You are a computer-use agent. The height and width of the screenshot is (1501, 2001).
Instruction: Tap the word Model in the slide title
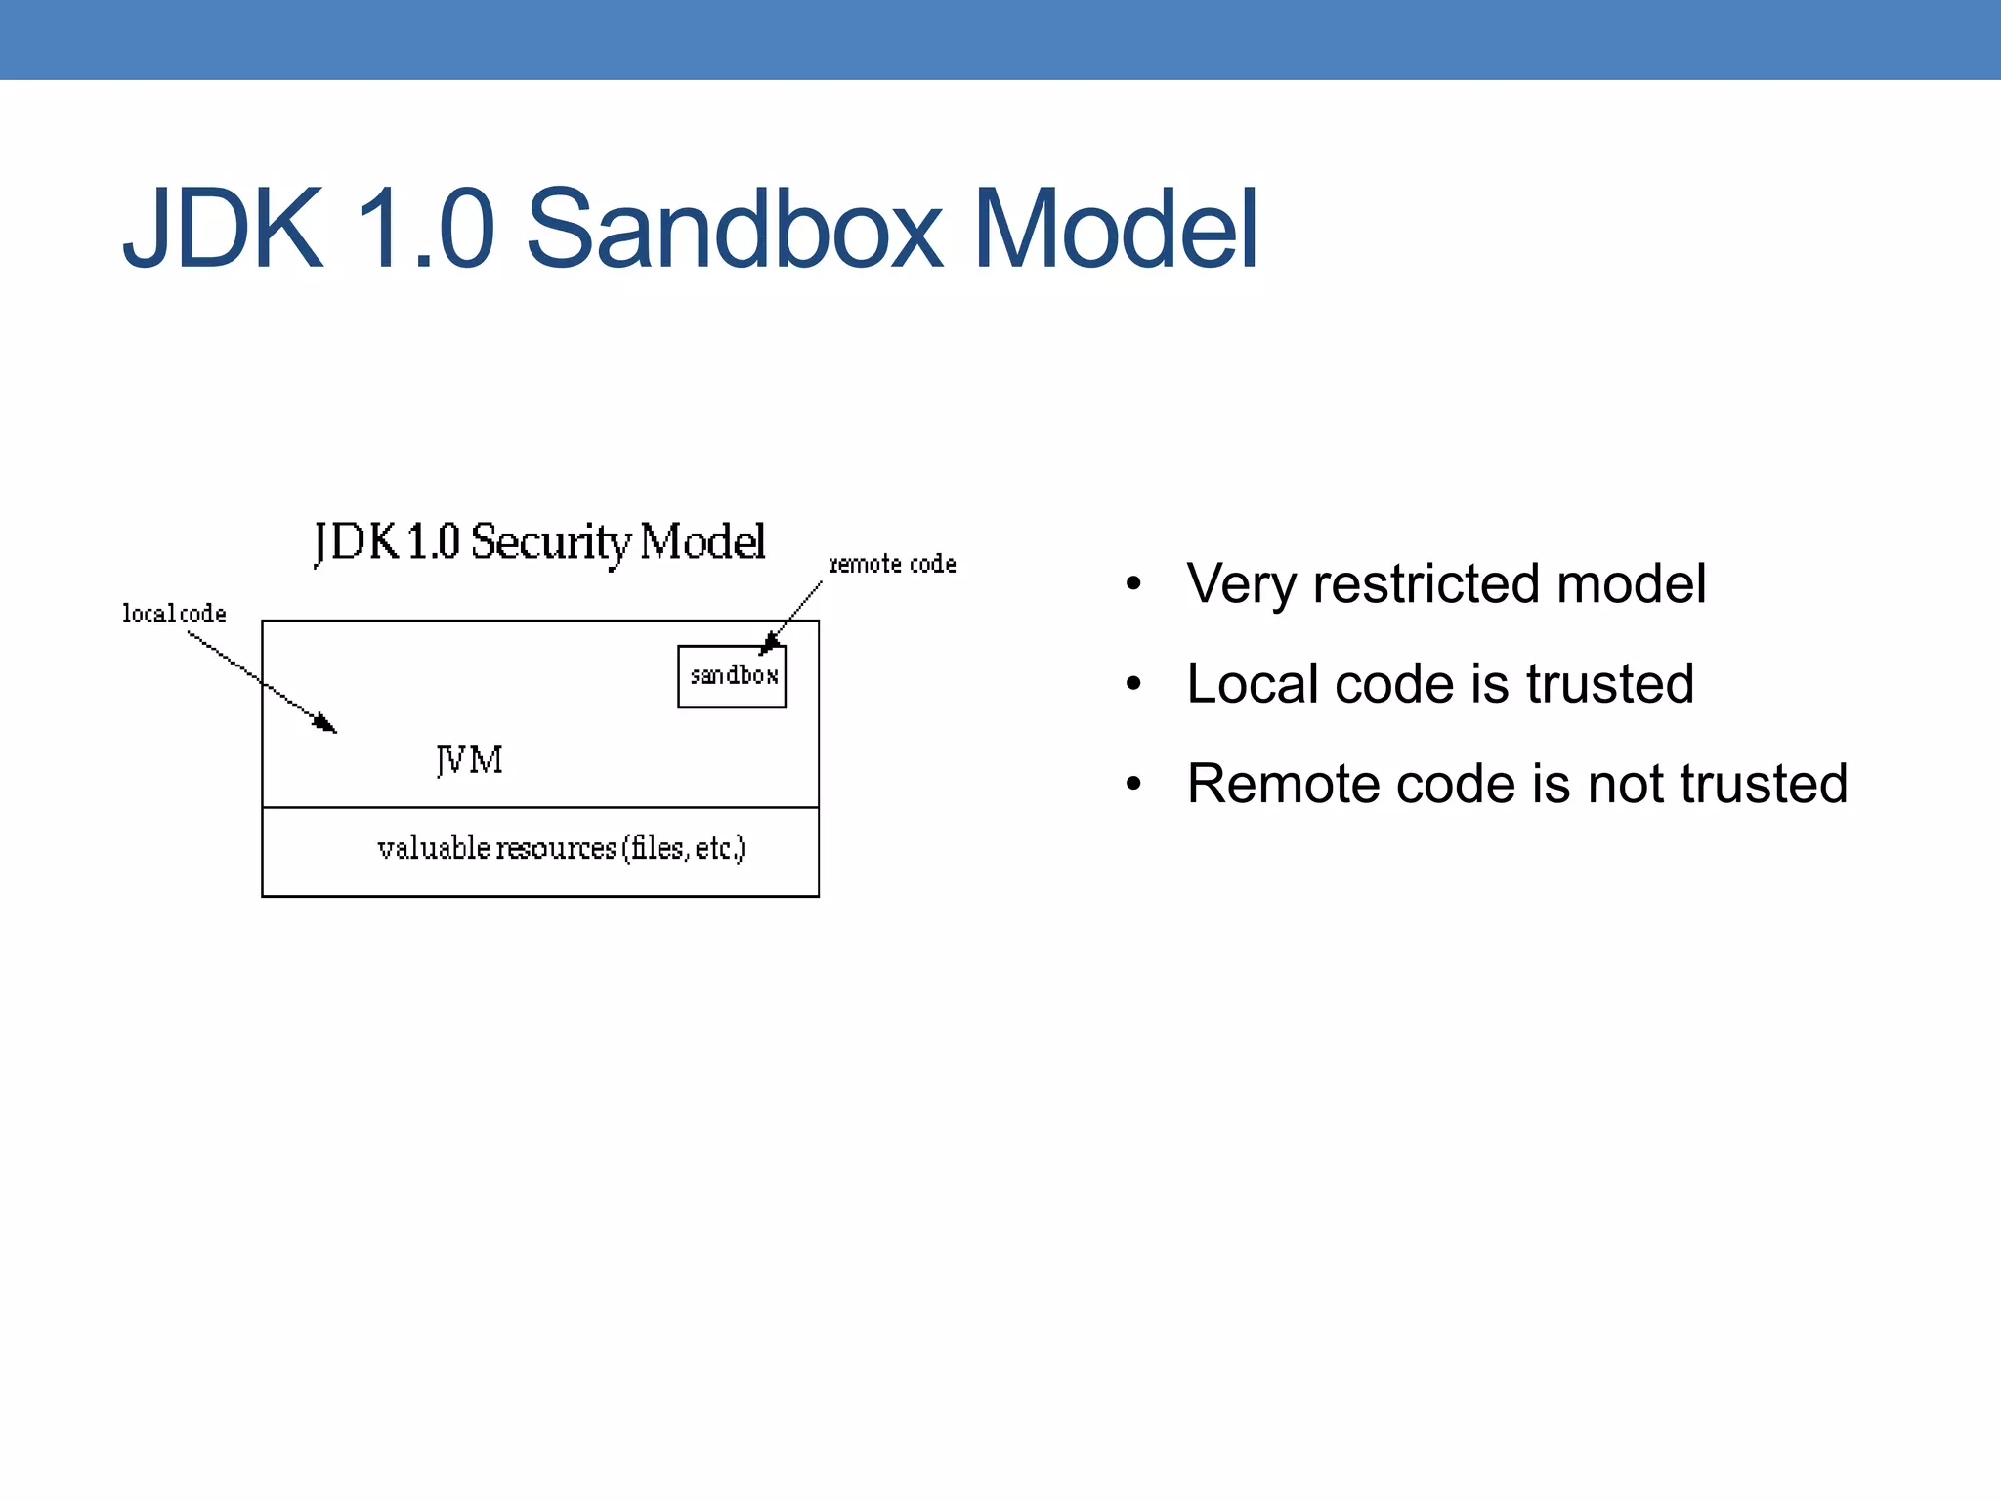pos(1115,231)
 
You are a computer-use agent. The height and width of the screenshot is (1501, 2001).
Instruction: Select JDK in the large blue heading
pos(223,231)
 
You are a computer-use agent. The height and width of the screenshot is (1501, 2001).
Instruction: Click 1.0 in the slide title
pos(424,231)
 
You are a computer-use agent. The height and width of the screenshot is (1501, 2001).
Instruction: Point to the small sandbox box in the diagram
pos(732,676)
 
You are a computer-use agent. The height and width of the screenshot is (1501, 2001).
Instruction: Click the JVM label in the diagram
pos(469,759)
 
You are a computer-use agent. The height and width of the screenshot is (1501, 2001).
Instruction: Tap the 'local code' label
pos(174,614)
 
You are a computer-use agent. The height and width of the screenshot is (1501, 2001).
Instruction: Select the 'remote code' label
pos(892,564)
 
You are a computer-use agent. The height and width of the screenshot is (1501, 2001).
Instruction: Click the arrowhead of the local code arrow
pos(326,724)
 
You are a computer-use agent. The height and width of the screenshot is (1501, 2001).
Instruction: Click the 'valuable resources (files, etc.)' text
pos(561,848)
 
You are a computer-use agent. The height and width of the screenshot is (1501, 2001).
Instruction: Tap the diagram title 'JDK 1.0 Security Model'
pos(539,542)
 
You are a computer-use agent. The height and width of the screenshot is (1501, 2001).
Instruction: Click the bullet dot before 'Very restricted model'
pos(1133,584)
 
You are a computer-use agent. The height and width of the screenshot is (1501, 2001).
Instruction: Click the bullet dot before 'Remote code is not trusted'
pos(1133,784)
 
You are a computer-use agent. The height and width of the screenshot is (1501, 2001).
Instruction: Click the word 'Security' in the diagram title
pos(551,542)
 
